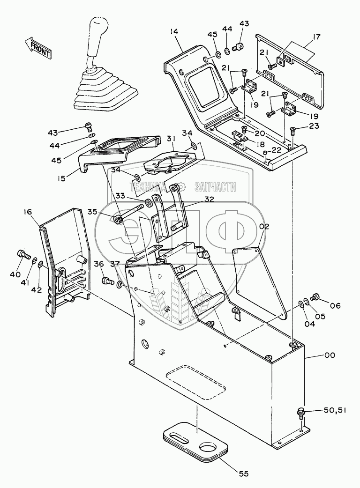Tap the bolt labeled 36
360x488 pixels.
pos(108,281)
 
